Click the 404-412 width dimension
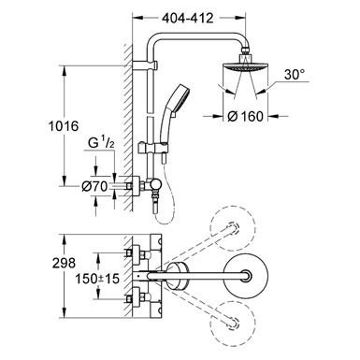[188, 18]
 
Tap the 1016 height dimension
[64, 126]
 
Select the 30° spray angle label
[295, 75]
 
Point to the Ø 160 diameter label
[245, 116]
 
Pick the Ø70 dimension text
[94, 186]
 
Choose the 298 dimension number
[64, 263]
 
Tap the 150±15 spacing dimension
[98, 279]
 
